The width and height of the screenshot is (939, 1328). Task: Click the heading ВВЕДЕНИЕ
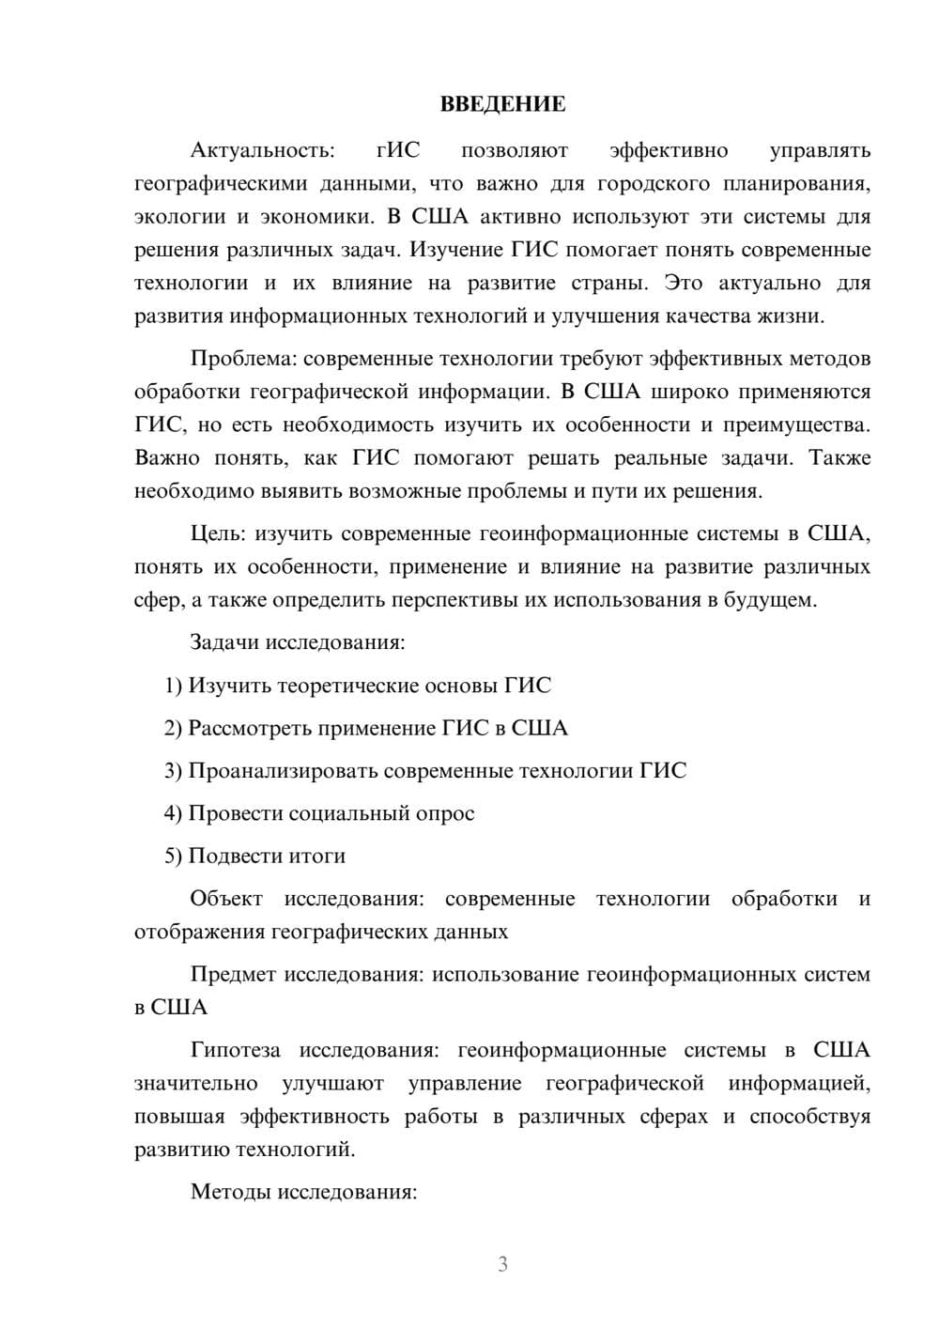point(502,104)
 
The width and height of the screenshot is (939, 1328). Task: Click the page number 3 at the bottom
point(502,1264)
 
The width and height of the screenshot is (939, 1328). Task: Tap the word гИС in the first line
point(398,150)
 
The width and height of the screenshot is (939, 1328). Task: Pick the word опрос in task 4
point(444,813)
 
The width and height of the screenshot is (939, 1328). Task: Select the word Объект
point(226,899)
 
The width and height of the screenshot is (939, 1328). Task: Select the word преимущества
point(795,425)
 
